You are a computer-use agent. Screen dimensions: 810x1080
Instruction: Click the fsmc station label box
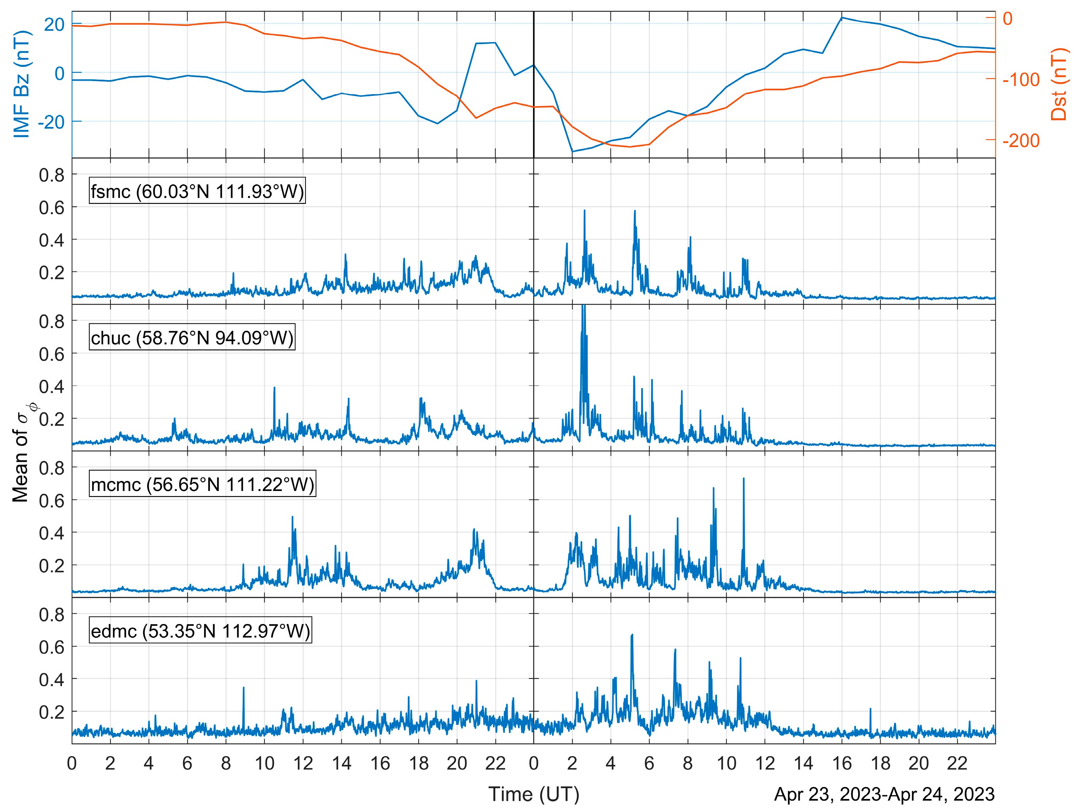197,191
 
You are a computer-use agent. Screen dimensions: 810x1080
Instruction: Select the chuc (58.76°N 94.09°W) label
192,338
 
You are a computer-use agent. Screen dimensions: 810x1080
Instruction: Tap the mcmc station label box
202,484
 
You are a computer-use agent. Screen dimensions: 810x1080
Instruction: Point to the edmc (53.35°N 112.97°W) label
200,631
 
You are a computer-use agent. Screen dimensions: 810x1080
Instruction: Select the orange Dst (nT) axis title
1059,84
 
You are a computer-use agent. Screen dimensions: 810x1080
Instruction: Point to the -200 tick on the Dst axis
1020,141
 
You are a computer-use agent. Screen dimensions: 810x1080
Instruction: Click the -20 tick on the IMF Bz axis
51,122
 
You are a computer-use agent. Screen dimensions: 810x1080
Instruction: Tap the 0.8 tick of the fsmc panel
52,175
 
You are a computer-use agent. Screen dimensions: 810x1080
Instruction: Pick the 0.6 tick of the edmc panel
52,647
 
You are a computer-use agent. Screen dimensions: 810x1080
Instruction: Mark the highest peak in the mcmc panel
744,479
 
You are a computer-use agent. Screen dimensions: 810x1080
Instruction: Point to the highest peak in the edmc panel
632,635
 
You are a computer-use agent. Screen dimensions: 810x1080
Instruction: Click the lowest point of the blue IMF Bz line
572,151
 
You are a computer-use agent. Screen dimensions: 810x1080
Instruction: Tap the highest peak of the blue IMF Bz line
841,18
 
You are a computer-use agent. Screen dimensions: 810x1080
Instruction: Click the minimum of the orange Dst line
630,147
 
